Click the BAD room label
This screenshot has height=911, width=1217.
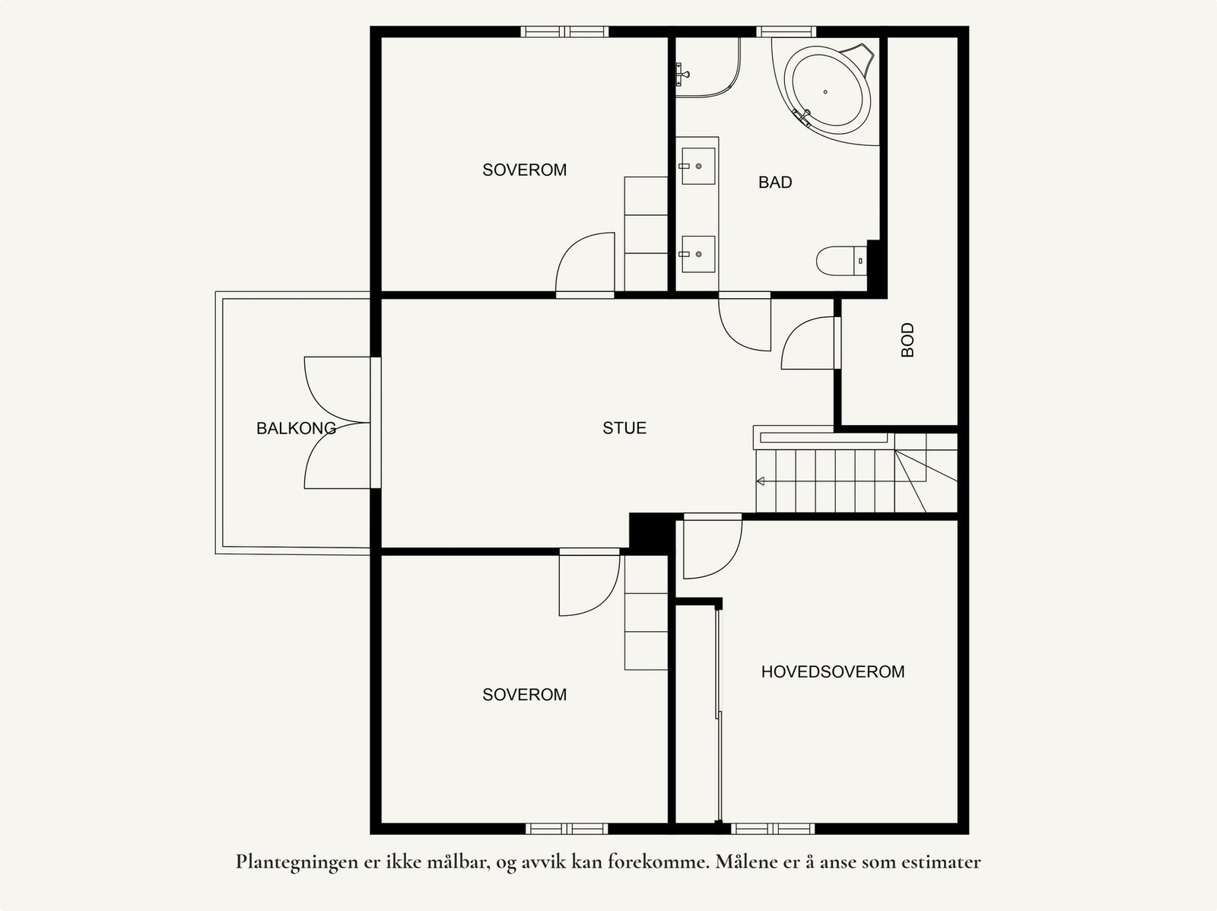pyautogui.click(x=774, y=183)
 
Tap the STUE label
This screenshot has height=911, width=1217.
pyautogui.click(x=624, y=428)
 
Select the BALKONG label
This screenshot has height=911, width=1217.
pyautogui.click(x=296, y=428)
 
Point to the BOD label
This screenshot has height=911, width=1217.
pyautogui.click(x=907, y=340)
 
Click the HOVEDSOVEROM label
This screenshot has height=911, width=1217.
pyautogui.click(x=833, y=671)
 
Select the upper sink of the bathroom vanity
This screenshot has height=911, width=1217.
pyautogui.click(x=698, y=166)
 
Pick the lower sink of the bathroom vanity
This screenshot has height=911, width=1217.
pyautogui.click(x=698, y=254)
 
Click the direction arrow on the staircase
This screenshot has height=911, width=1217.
pyautogui.click(x=760, y=481)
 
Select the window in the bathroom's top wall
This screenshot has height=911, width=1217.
pyautogui.click(x=786, y=32)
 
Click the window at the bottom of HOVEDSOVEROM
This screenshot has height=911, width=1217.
pyautogui.click(x=773, y=829)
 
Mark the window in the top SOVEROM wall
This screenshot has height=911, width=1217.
pyautogui.click(x=564, y=32)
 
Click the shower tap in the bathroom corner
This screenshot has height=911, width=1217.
pyautogui.click(x=682, y=75)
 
